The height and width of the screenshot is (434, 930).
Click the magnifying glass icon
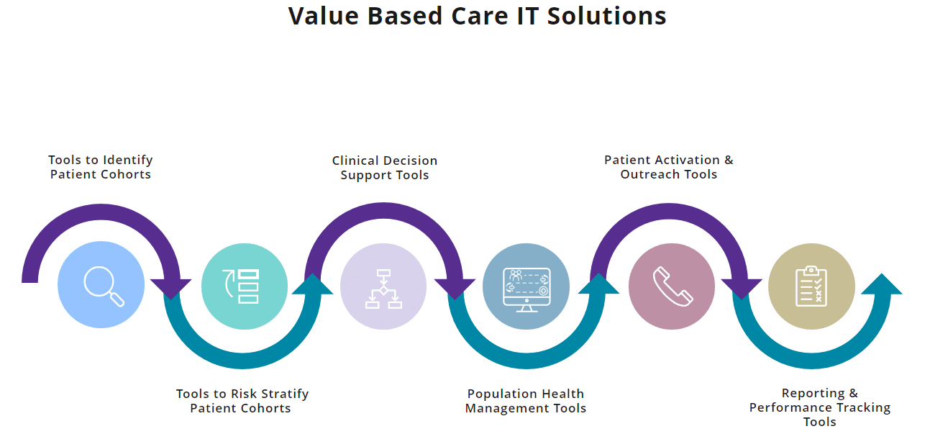click(x=102, y=285)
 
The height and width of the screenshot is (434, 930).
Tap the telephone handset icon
click(x=672, y=286)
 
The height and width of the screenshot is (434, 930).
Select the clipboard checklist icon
click(x=811, y=286)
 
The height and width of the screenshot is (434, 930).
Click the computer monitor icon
click(x=526, y=288)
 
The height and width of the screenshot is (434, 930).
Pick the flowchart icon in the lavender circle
click(x=383, y=288)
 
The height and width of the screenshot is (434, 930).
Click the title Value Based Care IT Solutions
click(x=477, y=16)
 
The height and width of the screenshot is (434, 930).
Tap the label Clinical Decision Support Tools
click(x=385, y=168)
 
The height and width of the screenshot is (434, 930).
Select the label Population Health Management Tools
click(x=526, y=401)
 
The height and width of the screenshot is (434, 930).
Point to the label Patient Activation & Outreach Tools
click(x=669, y=167)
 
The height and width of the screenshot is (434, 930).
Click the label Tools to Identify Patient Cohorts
click(x=101, y=167)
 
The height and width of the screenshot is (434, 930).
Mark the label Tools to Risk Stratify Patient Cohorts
click(x=242, y=401)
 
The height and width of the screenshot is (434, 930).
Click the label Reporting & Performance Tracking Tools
click(x=819, y=407)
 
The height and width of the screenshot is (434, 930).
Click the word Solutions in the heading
click(x=606, y=16)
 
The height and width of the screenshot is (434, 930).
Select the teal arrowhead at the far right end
click(x=881, y=284)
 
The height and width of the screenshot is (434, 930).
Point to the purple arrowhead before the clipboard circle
click(x=741, y=289)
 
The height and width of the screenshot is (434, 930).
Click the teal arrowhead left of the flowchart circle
click(x=313, y=284)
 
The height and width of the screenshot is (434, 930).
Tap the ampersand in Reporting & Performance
click(x=853, y=393)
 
